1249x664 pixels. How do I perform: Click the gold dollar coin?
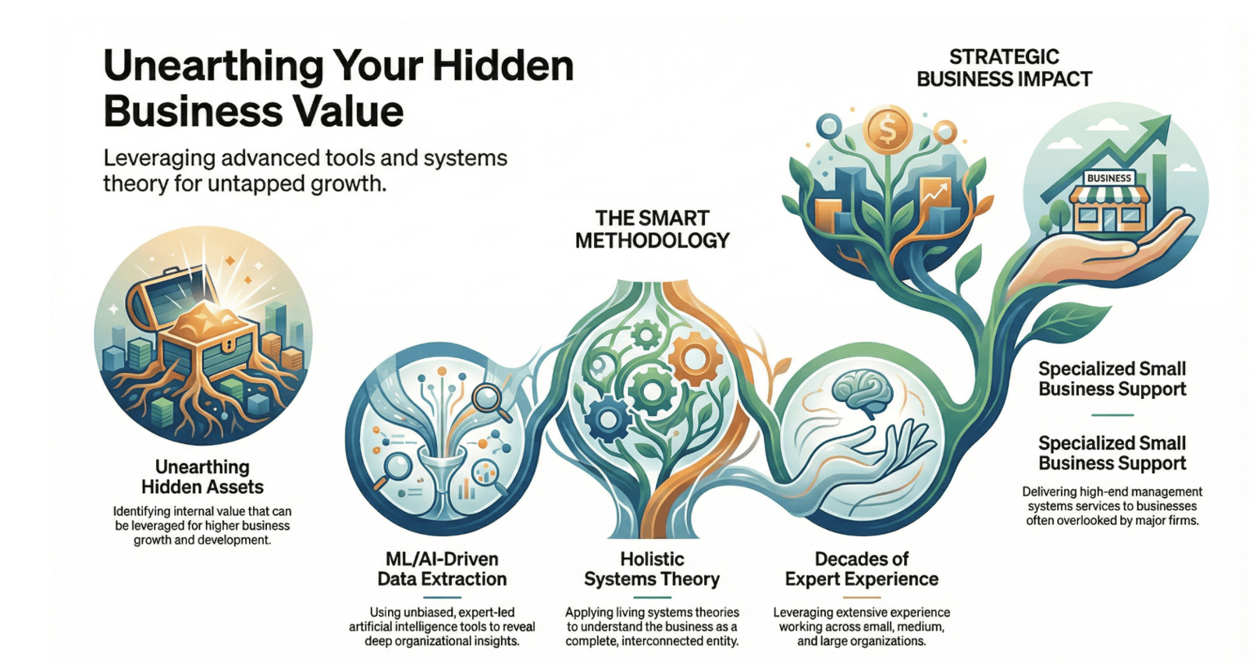click(x=887, y=130)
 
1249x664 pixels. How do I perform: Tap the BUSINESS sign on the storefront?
click(x=1108, y=178)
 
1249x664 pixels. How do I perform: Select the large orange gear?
click(x=694, y=358)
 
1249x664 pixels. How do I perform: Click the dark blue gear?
click(x=608, y=418)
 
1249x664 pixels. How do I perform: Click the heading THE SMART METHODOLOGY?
click(x=652, y=229)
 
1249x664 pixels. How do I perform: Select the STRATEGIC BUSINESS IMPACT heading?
click(x=1004, y=68)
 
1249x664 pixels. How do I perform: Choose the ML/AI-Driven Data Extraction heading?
click(x=442, y=570)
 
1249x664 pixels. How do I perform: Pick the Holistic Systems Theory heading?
click(x=652, y=570)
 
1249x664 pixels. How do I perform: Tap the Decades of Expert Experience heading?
click(x=862, y=570)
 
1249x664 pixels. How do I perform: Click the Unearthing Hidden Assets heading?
click(x=202, y=477)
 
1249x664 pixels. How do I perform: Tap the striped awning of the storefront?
click(x=1109, y=195)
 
